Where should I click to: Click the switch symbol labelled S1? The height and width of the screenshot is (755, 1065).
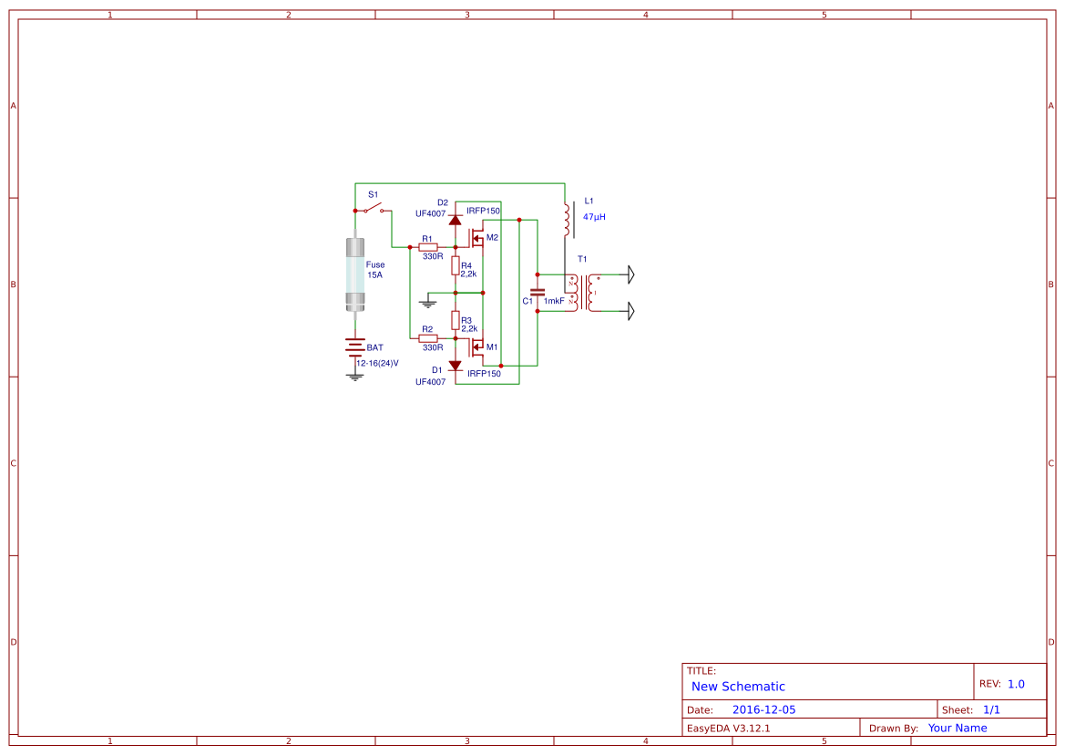(373, 208)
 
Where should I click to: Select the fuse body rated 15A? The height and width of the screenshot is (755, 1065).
(355, 274)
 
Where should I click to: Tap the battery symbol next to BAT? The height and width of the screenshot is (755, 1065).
(355, 347)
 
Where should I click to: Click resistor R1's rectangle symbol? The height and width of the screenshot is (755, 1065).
(428, 247)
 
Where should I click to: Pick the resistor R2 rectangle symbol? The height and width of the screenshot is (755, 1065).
(428, 337)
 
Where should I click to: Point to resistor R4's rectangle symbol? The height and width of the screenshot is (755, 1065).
(456, 265)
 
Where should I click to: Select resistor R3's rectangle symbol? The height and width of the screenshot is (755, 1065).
(456, 320)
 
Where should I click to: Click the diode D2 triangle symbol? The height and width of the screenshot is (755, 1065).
(456, 220)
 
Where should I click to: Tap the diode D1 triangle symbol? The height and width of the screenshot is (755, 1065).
(456, 366)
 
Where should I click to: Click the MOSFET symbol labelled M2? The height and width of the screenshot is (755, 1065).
(476, 239)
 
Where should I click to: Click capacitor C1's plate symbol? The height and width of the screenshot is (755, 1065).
(538, 293)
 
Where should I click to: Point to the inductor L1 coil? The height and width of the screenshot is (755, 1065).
(568, 219)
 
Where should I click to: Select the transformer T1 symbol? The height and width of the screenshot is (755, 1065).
(584, 293)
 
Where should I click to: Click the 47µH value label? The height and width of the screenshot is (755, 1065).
(594, 217)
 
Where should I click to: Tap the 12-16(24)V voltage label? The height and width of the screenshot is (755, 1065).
(378, 364)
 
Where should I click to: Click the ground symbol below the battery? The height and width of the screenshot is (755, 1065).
(355, 377)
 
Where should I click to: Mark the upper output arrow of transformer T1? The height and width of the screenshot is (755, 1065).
(631, 274)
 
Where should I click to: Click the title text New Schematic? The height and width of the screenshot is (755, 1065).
(738, 687)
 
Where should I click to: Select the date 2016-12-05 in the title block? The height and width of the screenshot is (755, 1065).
(763, 709)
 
